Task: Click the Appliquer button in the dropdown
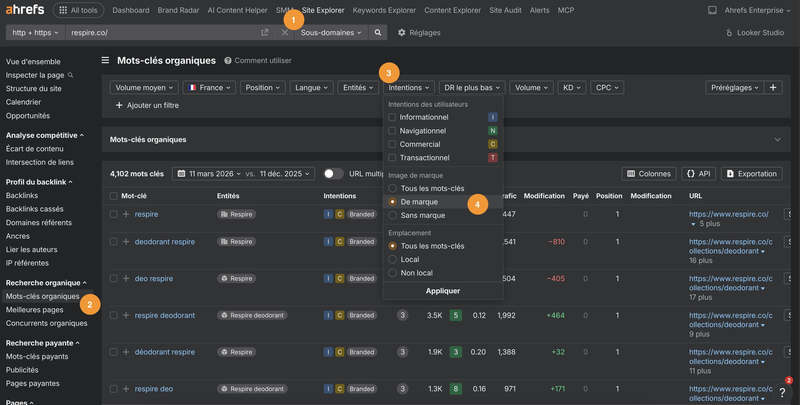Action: point(443,291)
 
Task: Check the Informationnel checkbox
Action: point(392,117)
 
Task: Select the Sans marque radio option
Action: point(392,215)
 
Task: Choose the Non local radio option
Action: point(392,273)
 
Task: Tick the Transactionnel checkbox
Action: point(392,158)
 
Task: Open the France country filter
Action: point(209,88)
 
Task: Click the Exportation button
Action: point(752,174)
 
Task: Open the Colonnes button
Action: point(649,174)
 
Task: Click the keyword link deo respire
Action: point(154,278)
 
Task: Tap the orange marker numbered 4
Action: point(477,204)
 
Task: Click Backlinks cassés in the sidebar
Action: point(35,209)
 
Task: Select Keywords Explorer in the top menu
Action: point(384,10)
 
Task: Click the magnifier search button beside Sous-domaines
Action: point(378,33)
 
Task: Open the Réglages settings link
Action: point(419,33)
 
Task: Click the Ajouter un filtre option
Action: point(147,105)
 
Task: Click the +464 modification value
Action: point(555,315)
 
